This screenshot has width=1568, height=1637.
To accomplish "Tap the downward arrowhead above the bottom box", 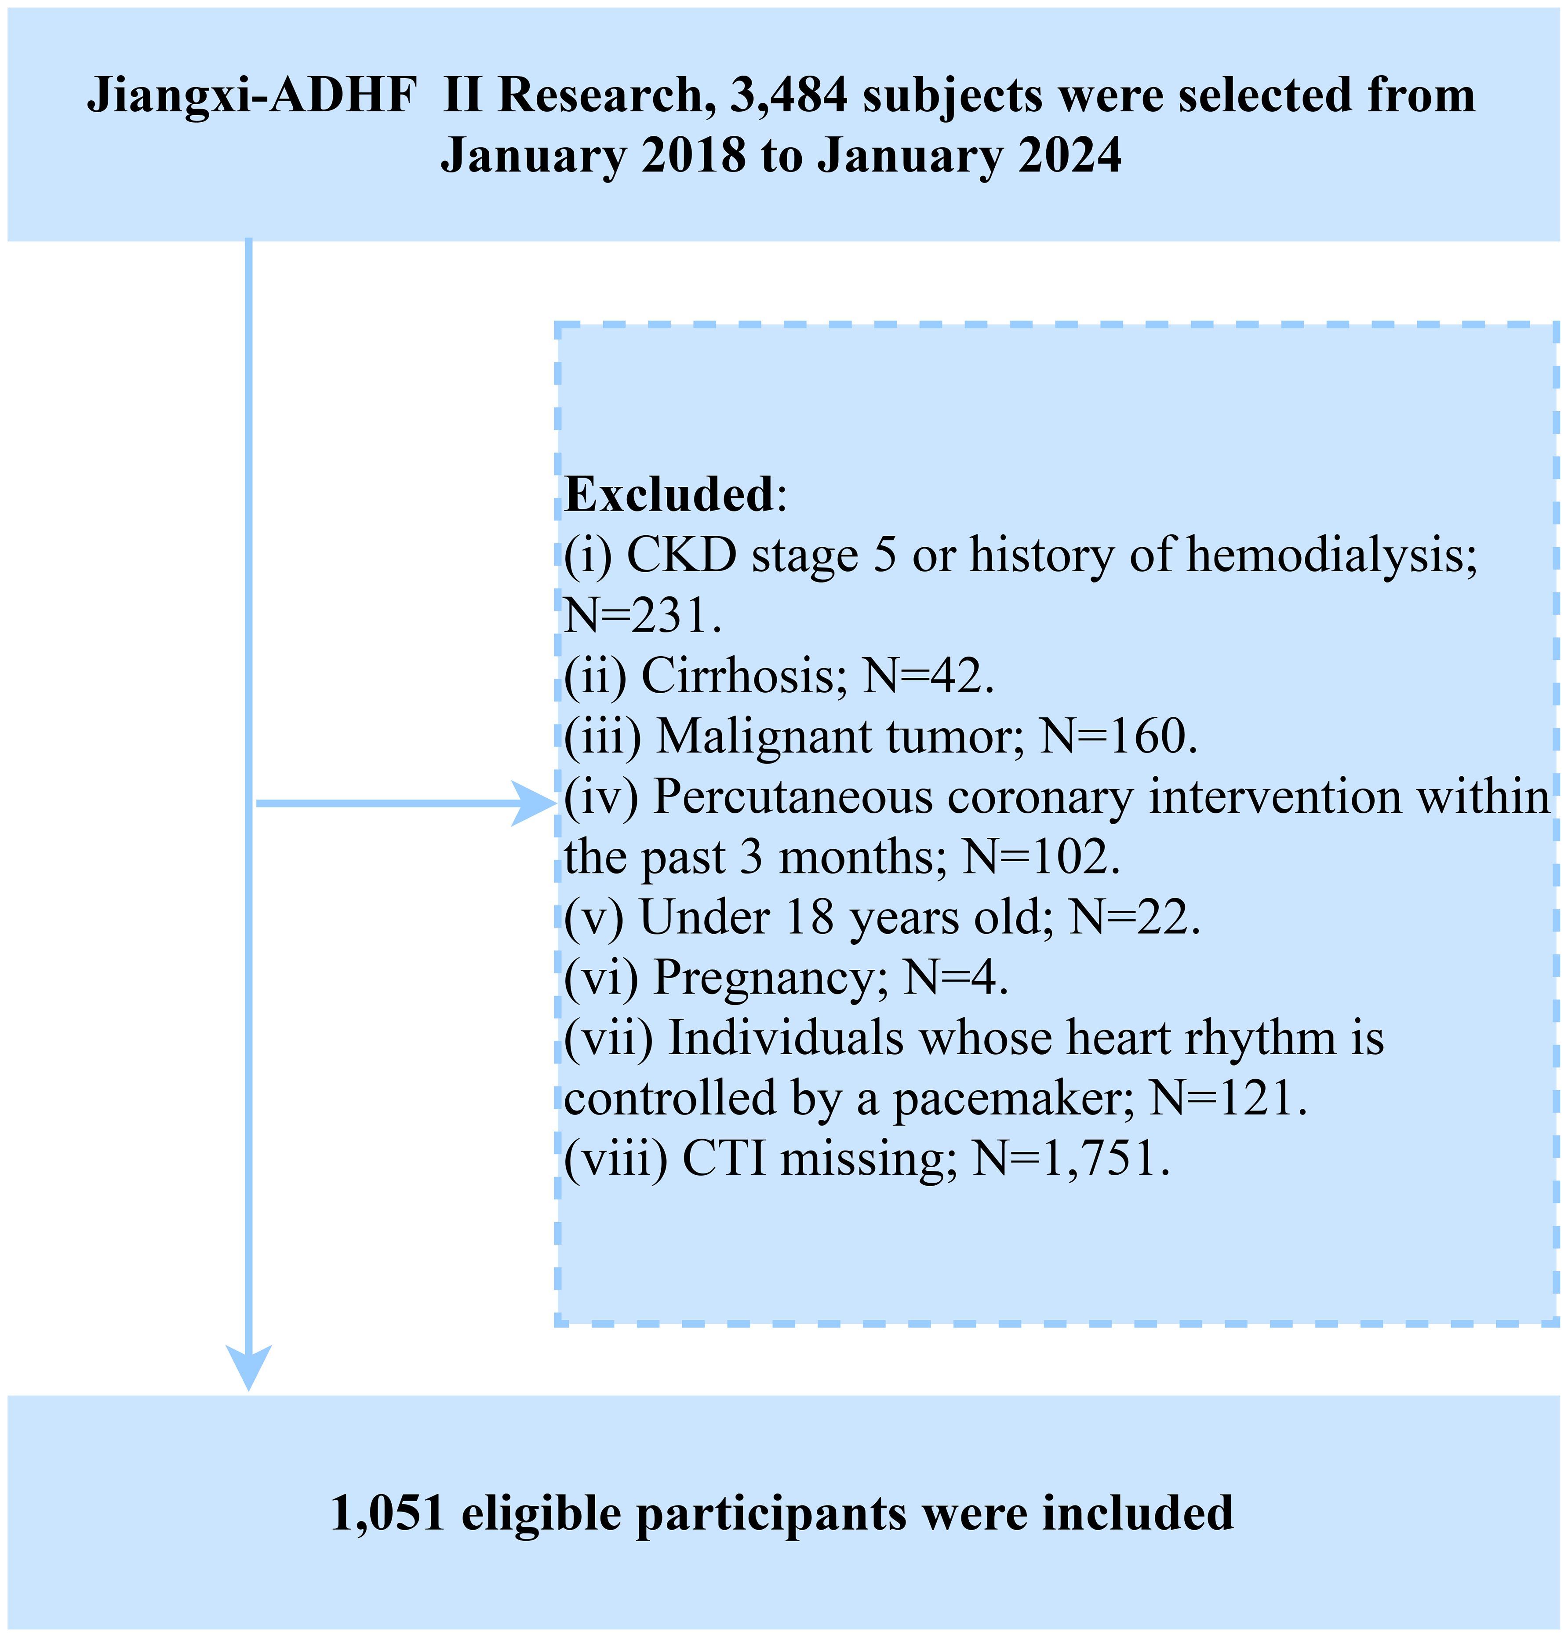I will (x=249, y=1368).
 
